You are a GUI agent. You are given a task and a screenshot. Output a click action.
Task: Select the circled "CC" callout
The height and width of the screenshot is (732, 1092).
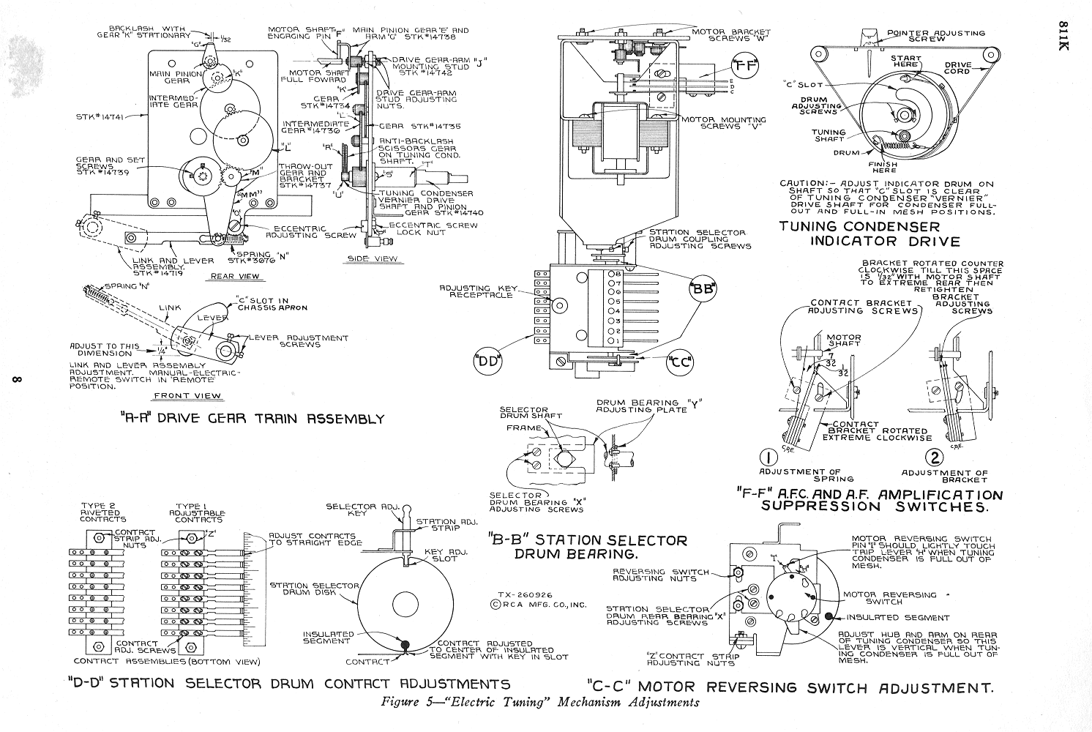pos(680,361)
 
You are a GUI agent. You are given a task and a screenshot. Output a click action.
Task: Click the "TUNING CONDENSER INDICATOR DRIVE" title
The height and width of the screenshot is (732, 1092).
pos(870,234)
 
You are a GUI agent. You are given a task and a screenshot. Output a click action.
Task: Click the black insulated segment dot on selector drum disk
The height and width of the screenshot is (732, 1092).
pos(404,645)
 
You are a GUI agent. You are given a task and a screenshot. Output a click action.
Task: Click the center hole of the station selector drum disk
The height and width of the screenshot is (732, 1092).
pos(405,604)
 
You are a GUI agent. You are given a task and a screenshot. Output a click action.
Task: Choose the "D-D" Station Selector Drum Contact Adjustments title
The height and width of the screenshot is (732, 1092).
pos(288,684)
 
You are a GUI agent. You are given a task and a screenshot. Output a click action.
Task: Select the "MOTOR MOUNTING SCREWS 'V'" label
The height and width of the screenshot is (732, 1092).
pos(725,124)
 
